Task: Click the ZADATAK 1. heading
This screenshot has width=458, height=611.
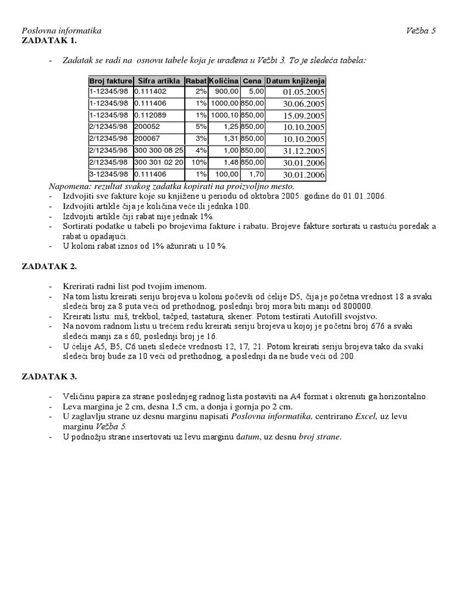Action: click(49, 41)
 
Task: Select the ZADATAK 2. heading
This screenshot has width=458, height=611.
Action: click(49, 266)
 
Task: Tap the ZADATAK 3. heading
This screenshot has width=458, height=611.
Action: click(49, 377)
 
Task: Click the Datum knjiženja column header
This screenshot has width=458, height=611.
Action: click(295, 81)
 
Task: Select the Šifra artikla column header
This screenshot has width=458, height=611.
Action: click(159, 81)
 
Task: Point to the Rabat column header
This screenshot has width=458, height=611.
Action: click(196, 81)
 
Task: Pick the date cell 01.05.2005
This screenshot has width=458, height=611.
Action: click(304, 92)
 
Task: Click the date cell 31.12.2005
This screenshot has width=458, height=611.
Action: click(304, 150)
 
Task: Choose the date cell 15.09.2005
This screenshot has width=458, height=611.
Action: click(304, 115)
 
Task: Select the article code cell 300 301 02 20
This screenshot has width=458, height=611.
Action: click(159, 162)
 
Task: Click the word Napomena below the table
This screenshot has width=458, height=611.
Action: click(41, 187)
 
